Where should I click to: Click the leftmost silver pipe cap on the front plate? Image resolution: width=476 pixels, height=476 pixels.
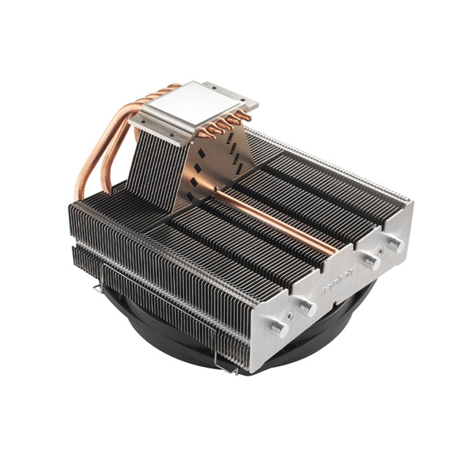(279, 330)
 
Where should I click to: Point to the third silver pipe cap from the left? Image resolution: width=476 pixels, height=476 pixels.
(371, 260)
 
